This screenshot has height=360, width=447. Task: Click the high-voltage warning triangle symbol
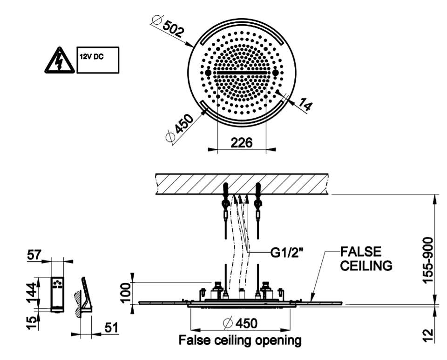[x=59, y=60]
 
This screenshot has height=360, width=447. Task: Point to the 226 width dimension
[x=242, y=142]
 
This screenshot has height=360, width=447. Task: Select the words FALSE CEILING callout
[x=366, y=259]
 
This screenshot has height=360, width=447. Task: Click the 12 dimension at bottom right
[x=429, y=333]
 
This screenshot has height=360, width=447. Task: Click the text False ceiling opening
[x=240, y=340]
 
